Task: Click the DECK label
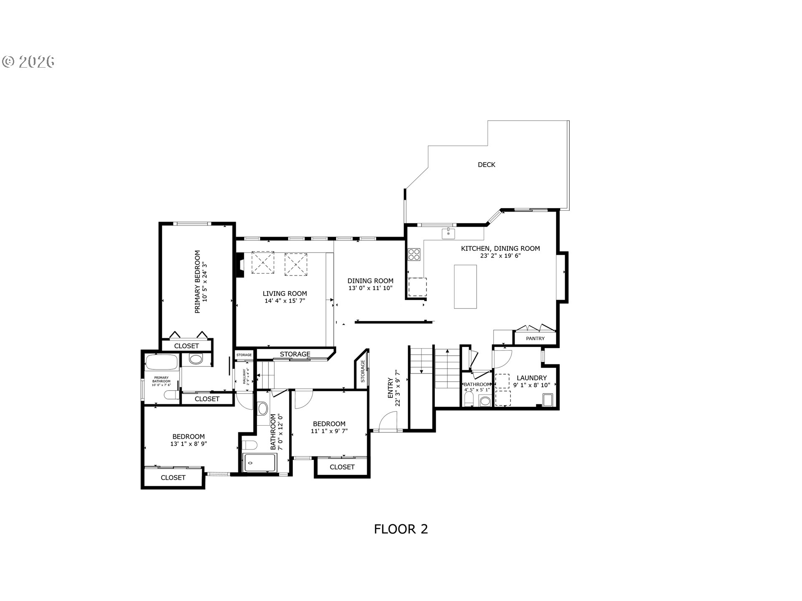(486, 165)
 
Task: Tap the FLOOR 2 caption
(401, 529)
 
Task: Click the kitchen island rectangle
(465, 286)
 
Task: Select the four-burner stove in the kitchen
(414, 254)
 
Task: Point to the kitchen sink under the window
(448, 233)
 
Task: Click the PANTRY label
(535, 338)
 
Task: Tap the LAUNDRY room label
(531, 378)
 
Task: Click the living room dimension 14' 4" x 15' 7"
(285, 301)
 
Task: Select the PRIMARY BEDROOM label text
(198, 282)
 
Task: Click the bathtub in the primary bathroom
(162, 362)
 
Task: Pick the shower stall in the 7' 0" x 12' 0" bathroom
(259, 462)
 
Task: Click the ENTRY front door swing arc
(388, 420)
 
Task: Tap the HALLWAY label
(244, 376)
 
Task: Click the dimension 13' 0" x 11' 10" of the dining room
(370, 288)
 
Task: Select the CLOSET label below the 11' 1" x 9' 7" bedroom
(342, 467)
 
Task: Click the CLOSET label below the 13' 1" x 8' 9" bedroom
(173, 477)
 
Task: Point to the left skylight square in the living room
(262, 263)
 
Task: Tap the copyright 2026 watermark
(28, 62)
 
